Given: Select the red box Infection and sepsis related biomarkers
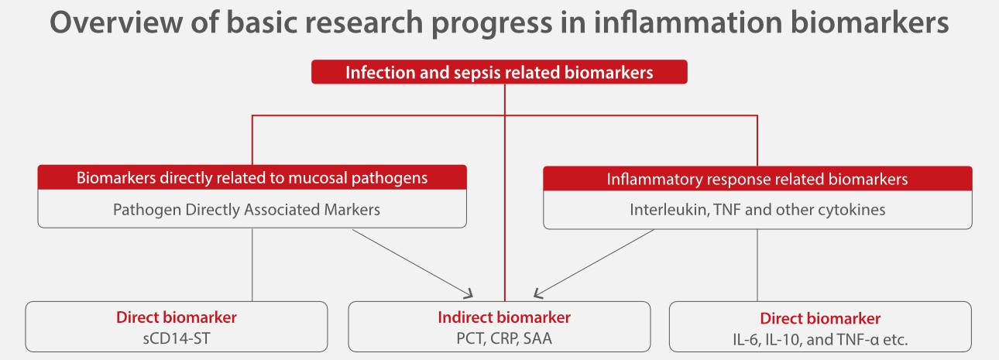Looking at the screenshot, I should point(499,72).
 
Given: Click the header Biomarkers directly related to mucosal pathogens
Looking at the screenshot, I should point(252,177).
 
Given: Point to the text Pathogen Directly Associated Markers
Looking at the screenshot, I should point(252,209).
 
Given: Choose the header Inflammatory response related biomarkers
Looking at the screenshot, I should point(757,179).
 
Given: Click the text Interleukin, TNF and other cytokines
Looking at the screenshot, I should point(757,210).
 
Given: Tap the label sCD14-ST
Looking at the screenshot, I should point(177,338).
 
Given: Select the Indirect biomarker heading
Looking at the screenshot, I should point(504,317).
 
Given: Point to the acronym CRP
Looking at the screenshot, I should point(503,338).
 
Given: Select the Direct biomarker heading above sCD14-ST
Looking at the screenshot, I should point(177,317).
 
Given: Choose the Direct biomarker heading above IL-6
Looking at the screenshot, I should point(820,318).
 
